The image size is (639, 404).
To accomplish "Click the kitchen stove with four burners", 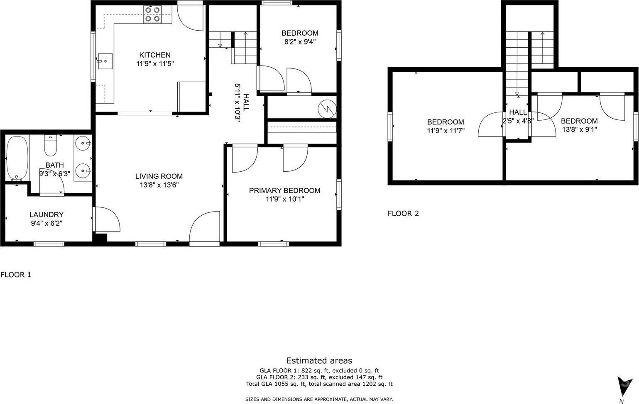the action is coord(152,15).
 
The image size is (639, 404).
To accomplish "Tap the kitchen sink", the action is coord(105,61).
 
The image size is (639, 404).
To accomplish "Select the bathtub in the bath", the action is coord(17,158).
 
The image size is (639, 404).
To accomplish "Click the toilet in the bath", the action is coord(51,145).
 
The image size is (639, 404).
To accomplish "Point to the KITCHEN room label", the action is coord(155,55).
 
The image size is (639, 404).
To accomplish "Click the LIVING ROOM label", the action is coord(159,176).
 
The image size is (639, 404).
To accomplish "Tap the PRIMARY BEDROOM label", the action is coord(285,191).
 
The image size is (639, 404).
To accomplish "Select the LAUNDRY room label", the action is coord(47,214).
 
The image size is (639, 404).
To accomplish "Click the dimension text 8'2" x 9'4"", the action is coord(300,42).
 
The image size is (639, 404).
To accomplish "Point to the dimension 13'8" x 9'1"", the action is coord(579,130).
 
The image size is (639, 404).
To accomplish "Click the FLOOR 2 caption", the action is coord(403,213).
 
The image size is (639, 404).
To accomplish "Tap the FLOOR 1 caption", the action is coord(16,275).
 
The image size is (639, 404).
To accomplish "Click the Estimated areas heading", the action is coord(319,361).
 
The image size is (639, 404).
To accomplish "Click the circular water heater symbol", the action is coord(327,109).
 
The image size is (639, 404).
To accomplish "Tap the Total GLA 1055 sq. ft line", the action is coord(319,384).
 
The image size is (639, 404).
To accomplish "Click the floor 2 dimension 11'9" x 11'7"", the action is coord(446,131).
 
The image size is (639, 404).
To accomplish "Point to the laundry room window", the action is coord(49,244).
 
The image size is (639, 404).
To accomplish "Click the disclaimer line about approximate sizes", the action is coord(319,399).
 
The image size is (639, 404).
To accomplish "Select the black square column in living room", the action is coord(100,239).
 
